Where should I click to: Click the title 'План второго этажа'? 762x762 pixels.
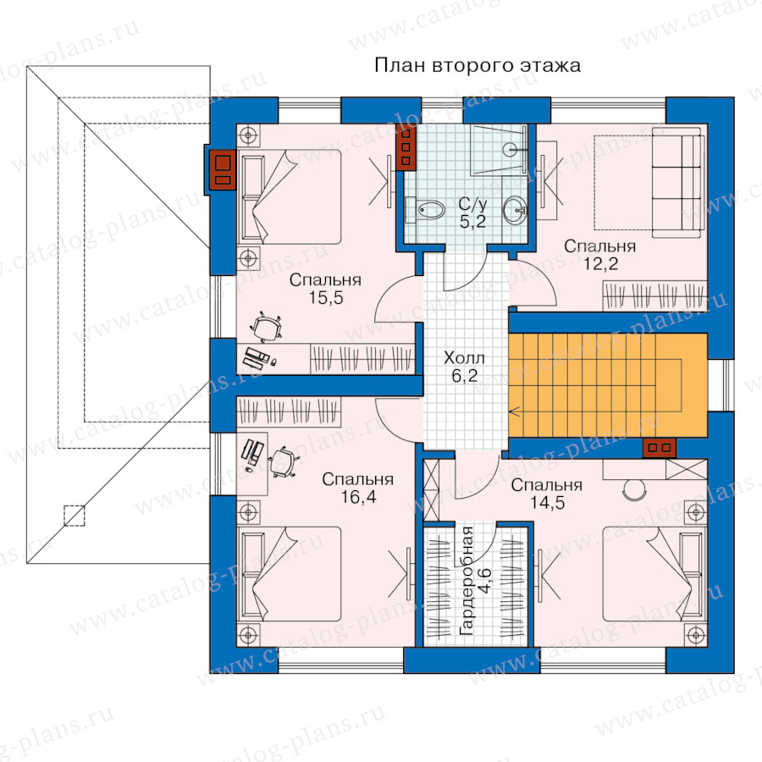point(478,65)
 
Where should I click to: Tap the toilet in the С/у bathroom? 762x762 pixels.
point(431,211)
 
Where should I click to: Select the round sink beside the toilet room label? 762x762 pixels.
point(515,210)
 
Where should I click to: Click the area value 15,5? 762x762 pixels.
point(326,297)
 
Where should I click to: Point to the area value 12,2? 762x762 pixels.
point(600,263)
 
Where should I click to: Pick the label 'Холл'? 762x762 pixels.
point(464,358)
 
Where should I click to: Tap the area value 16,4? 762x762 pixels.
point(358,497)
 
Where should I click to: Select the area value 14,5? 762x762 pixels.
point(547,502)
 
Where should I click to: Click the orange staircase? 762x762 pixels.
point(607,385)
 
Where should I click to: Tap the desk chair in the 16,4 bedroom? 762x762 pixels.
point(283,462)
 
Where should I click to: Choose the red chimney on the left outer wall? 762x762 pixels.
point(223,169)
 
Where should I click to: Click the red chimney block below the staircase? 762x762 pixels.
point(659,447)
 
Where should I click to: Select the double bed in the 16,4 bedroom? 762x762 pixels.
point(290,574)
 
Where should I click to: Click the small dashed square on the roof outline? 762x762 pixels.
point(75,516)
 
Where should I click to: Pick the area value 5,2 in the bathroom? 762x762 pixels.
point(472,222)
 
